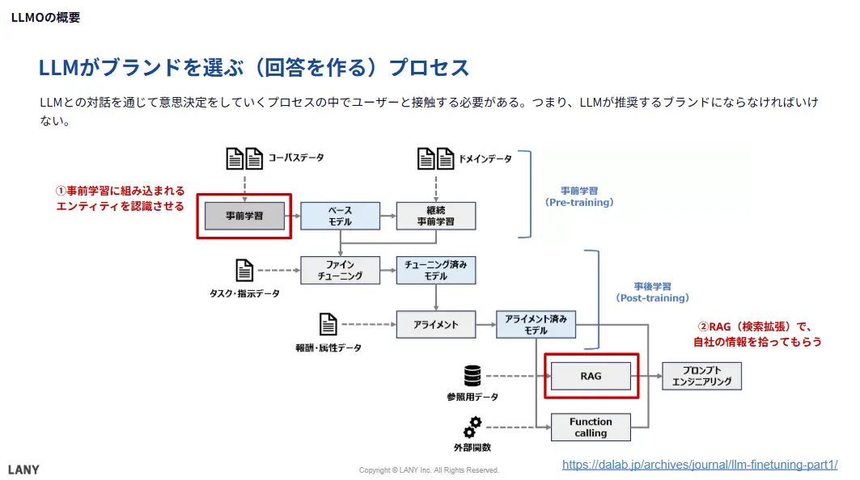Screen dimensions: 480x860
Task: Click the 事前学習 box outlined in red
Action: pyautogui.click(x=244, y=216)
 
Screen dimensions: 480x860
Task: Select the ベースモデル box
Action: pyautogui.click(x=340, y=216)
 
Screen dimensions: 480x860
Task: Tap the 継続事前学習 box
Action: pyautogui.click(x=436, y=216)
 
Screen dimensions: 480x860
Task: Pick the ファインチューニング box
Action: pyautogui.click(x=340, y=270)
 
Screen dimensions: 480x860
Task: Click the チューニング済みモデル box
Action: pyautogui.click(x=436, y=270)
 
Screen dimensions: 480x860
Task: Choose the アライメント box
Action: pyautogui.click(x=436, y=325)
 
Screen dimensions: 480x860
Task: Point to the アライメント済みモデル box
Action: pyautogui.click(x=536, y=325)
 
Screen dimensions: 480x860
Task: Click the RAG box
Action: pyautogui.click(x=591, y=376)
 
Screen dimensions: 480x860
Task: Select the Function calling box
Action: pyautogui.click(x=591, y=427)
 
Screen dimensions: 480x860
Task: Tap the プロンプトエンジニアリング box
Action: pyautogui.click(x=701, y=376)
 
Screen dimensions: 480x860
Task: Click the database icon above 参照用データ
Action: pyautogui.click(x=472, y=376)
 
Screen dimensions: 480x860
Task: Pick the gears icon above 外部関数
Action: pyautogui.click(x=472, y=426)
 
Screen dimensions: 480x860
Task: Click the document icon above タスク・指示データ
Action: pyautogui.click(x=244, y=270)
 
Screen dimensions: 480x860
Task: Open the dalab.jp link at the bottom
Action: pyautogui.click(x=699, y=465)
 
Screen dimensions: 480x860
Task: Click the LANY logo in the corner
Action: pyautogui.click(x=23, y=469)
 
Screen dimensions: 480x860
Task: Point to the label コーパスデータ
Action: pyautogui.click(x=296, y=158)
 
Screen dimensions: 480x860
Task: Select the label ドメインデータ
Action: pyautogui.click(x=485, y=158)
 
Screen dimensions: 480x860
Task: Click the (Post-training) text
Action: pyautogui.click(x=653, y=298)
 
